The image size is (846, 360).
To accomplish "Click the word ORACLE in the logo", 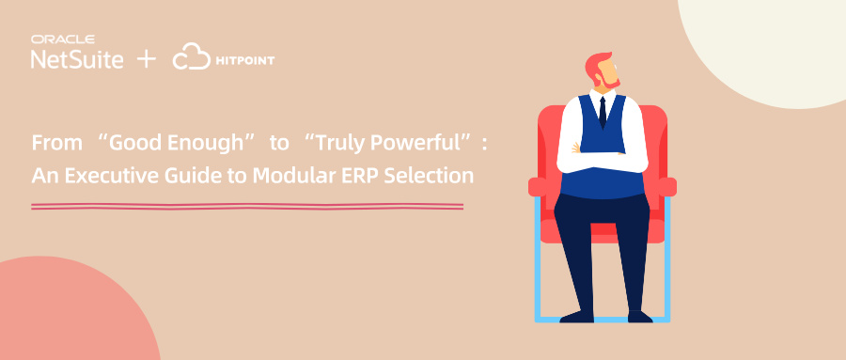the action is pos(63,39).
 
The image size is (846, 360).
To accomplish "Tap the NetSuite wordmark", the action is pos(77,59).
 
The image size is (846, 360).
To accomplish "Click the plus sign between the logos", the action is pos(147,59).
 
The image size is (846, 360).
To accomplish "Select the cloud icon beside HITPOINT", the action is pos(192,56).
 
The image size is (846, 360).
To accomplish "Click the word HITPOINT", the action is pos(245,60).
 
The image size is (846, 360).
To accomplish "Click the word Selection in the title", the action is pos(429,176).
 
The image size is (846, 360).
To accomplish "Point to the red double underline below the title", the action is pos(247,206).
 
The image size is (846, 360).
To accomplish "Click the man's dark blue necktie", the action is pos(603,112).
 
